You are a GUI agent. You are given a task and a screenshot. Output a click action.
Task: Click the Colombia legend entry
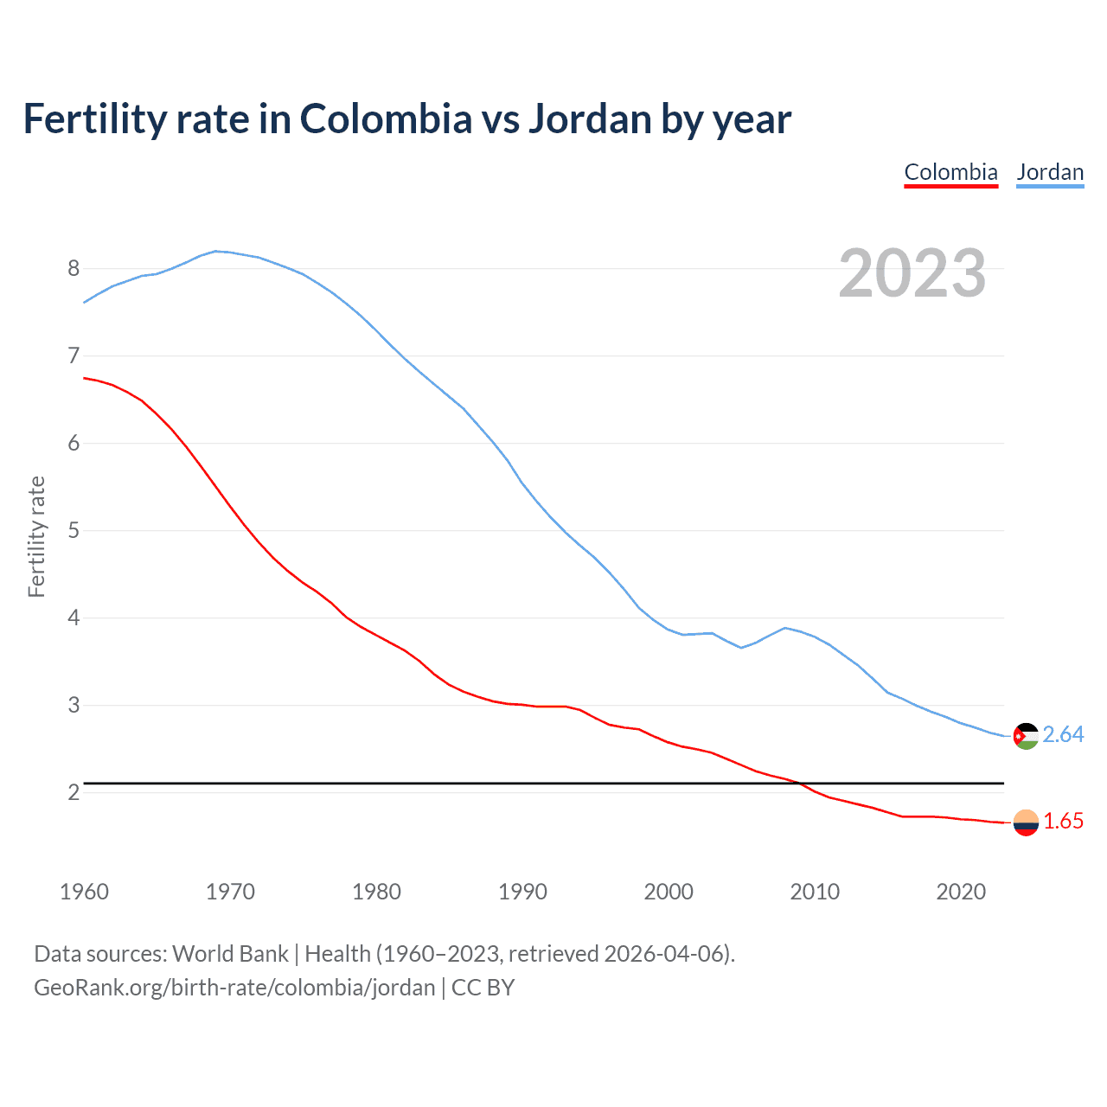pos(950,172)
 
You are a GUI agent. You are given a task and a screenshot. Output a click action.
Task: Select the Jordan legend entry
pos(1050,172)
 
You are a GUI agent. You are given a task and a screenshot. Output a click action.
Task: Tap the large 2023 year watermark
pos(912,273)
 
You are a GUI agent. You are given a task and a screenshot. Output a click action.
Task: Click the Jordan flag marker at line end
pos(1026,736)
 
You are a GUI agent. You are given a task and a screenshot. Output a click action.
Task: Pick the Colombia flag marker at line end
pos(1026,822)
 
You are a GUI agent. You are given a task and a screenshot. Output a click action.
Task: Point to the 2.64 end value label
pos(1063,734)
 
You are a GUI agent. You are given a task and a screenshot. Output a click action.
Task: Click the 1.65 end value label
pos(1063,822)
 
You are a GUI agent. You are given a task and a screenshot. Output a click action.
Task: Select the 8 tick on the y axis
pos(74,268)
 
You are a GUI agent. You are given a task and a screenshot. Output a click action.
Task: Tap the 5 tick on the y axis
pos(74,530)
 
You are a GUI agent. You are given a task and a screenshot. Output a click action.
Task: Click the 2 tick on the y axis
pos(74,792)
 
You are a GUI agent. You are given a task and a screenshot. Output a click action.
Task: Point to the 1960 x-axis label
pos(84,892)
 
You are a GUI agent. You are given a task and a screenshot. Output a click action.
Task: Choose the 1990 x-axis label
pos(522,892)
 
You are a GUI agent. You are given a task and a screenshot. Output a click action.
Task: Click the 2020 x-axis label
pos(961,892)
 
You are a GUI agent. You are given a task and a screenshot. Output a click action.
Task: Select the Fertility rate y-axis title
pos(36,536)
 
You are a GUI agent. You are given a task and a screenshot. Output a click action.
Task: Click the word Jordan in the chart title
pos(589,119)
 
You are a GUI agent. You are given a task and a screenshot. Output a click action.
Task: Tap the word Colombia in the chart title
pos(386,119)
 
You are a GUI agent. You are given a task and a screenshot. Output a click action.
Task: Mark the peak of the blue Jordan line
pos(216,251)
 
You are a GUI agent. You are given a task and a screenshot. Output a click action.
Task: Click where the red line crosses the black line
pos(802,784)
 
